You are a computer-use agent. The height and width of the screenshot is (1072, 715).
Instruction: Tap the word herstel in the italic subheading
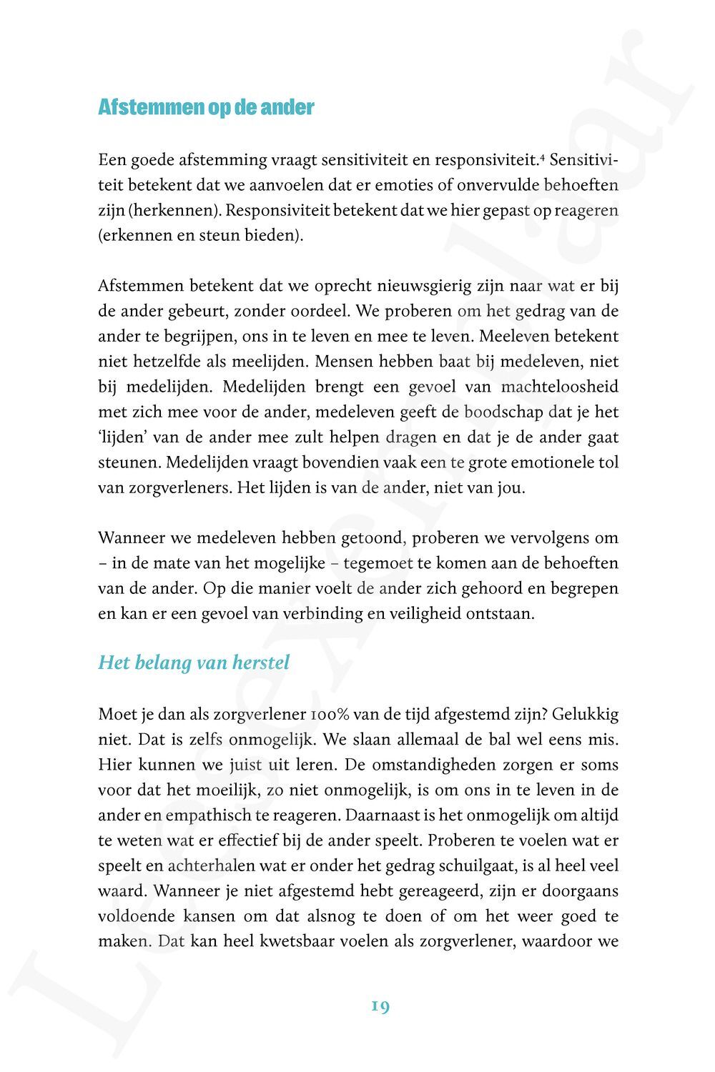(x=261, y=662)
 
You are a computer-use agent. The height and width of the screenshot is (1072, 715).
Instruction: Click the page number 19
(x=380, y=1006)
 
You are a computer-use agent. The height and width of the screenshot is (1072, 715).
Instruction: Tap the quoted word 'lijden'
(x=122, y=437)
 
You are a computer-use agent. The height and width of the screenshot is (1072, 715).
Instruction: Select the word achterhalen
(x=211, y=866)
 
